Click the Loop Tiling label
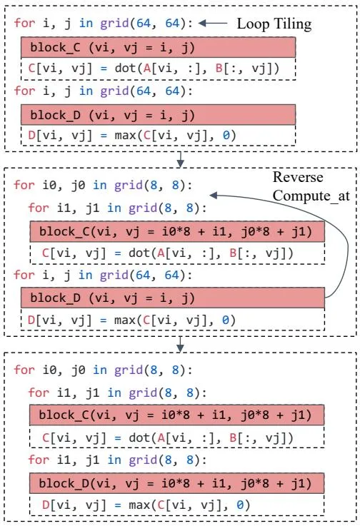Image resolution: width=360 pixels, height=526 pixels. pyautogui.click(x=274, y=24)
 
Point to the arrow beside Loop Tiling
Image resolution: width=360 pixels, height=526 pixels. pyautogui.click(x=213, y=23)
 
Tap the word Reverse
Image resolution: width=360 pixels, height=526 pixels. pyautogui.click(x=298, y=177)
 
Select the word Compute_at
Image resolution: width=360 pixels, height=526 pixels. pyautogui.click(x=311, y=196)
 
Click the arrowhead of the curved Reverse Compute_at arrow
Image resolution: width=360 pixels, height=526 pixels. pyautogui.click(x=214, y=196)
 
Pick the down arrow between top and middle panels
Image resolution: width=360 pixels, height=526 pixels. pyautogui.click(x=180, y=159)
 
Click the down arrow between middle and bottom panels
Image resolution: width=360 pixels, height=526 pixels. pyautogui.click(x=180, y=344)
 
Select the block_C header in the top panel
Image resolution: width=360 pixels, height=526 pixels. pyautogui.click(x=158, y=47)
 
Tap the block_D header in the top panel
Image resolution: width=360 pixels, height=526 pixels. pyautogui.click(x=158, y=115)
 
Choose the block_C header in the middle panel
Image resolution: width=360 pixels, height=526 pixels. pyautogui.click(x=177, y=231)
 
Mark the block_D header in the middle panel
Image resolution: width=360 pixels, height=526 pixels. pyautogui.click(x=173, y=298)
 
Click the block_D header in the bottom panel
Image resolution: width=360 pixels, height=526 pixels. pyautogui.click(x=176, y=483)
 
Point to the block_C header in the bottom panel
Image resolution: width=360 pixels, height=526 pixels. pyautogui.click(x=176, y=415)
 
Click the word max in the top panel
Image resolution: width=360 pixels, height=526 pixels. pyautogui.click(x=125, y=136)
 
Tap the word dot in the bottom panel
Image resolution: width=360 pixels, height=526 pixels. pyautogui.click(x=139, y=438)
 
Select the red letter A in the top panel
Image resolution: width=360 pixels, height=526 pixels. pyautogui.click(x=147, y=68)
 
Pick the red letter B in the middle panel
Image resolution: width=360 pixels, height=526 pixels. pyautogui.click(x=233, y=253)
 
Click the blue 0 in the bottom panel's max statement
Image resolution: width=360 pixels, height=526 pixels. pyautogui.click(x=240, y=505)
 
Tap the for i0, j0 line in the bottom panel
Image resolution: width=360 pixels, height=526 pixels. pyautogui.click(x=103, y=370)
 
